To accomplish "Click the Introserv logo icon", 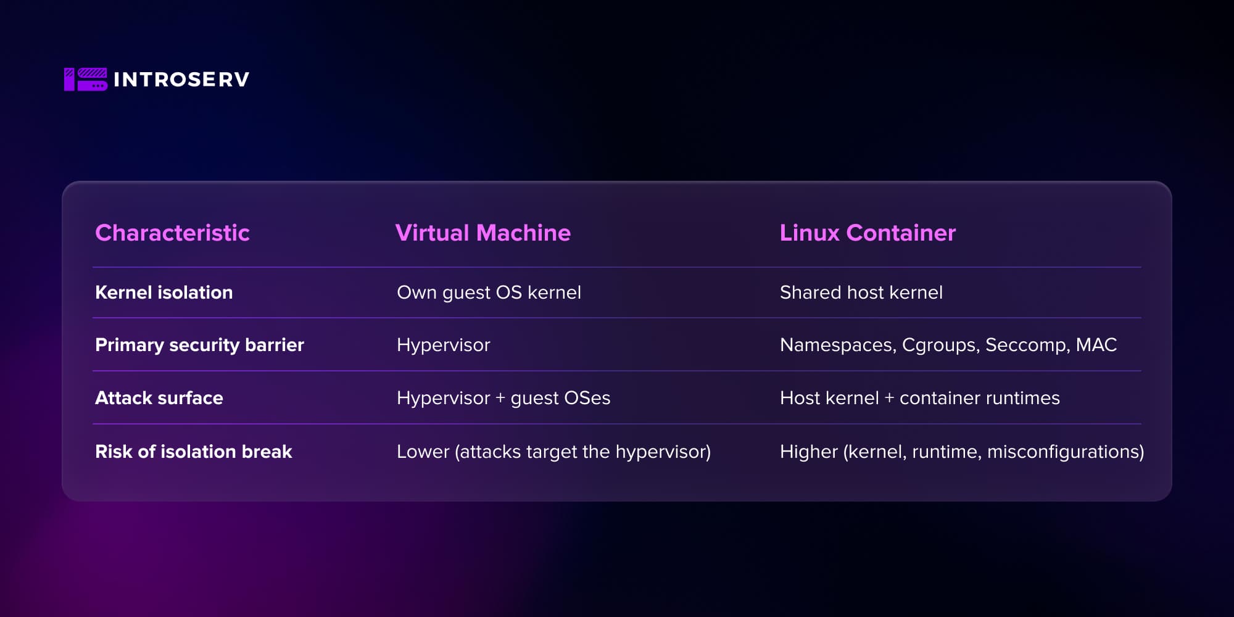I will click(86, 80).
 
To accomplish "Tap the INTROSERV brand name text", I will click(181, 80).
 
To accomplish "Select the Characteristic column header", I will click(172, 233).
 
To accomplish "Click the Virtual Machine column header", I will click(482, 233).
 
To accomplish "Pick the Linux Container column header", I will click(868, 233).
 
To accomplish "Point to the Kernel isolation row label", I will click(164, 292).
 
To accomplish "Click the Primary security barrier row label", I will click(199, 345).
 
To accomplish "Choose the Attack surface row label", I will click(159, 398).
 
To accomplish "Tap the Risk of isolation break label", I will click(193, 452).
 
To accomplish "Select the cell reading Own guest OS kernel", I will click(489, 292).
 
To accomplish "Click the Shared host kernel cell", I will click(861, 292).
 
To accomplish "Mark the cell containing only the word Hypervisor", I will click(443, 345).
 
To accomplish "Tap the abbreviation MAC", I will click(1096, 345).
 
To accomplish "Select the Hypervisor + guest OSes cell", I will click(503, 398).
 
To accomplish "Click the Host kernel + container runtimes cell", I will click(919, 398).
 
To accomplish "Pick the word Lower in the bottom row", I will click(423, 452).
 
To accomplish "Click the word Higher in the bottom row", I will click(808, 452).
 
